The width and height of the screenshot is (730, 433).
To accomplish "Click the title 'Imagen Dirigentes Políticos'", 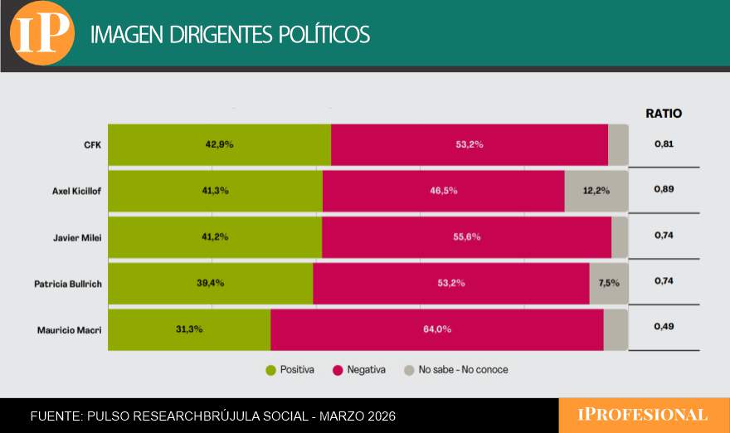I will click(x=230, y=35).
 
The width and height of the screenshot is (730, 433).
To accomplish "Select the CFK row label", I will click(x=92, y=144).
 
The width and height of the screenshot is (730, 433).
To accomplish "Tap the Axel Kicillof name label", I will click(x=76, y=191).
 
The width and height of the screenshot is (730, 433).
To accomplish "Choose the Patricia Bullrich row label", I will click(x=68, y=284).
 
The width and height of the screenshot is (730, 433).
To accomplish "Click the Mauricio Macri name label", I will click(x=70, y=330).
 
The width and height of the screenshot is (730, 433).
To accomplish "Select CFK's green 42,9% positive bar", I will click(x=219, y=144).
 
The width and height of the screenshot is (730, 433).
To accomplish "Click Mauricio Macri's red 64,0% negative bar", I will click(x=437, y=329).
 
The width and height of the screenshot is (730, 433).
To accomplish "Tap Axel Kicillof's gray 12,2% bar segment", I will click(x=596, y=191).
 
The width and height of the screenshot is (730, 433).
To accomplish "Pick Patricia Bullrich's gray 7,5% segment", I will click(x=608, y=283).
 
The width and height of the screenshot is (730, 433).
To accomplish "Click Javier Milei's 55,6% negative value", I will click(x=467, y=236).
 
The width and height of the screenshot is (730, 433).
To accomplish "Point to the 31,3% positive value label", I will click(x=189, y=328).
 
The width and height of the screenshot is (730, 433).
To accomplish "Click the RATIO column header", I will click(x=664, y=114).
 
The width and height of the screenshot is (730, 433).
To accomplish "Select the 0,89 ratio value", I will click(x=664, y=190).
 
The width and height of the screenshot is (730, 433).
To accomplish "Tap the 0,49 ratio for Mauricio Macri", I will click(x=664, y=328).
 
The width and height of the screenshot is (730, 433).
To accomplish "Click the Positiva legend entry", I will click(x=290, y=370).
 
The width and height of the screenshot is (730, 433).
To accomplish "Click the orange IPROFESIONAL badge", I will click(x=644, y=415).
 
